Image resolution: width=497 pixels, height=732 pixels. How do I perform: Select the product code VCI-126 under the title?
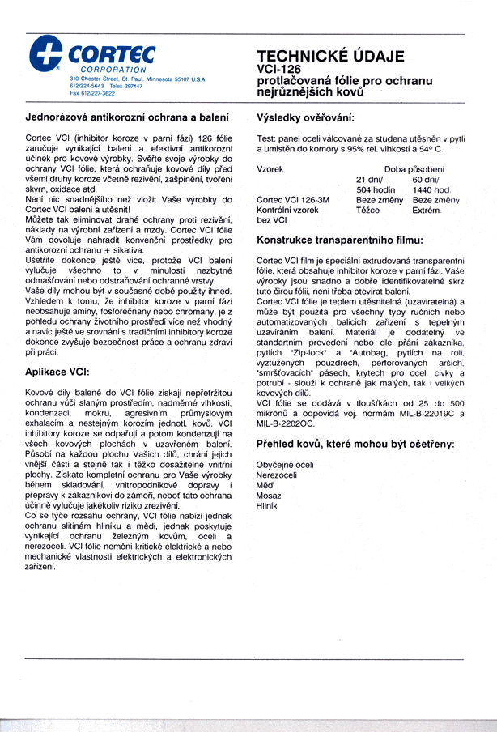point(279,70)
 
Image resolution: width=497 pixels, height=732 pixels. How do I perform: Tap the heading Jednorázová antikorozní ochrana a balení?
point(126,118)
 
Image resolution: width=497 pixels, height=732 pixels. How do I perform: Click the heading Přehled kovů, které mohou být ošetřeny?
point(355,445)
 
